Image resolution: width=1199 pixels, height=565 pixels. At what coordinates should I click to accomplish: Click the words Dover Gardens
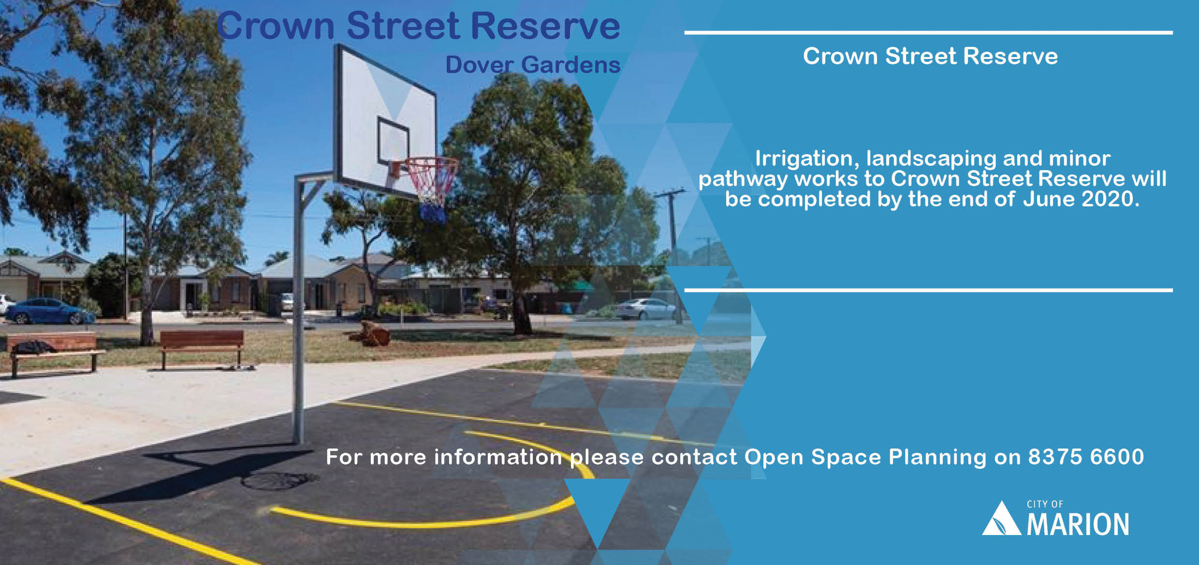pyautogui.click(x=532, y=65)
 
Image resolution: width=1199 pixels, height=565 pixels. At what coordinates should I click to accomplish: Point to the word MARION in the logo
pyautogui.click(x=1078, y=525)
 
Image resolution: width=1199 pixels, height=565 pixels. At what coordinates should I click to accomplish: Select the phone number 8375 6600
pyautogui.click(x=1086, y=457)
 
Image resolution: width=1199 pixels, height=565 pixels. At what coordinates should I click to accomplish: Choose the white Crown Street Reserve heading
pyautogui.click(x=930, y=56)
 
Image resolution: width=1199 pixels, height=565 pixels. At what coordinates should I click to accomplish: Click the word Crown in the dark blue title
pyautogui.click(x=276, y=25)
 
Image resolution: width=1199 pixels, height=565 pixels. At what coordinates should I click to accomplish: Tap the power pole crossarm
pyautogui.click(x=670, y=194)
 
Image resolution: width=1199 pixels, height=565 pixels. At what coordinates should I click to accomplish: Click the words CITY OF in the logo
pyautogui.click(x=1045, y=504)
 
